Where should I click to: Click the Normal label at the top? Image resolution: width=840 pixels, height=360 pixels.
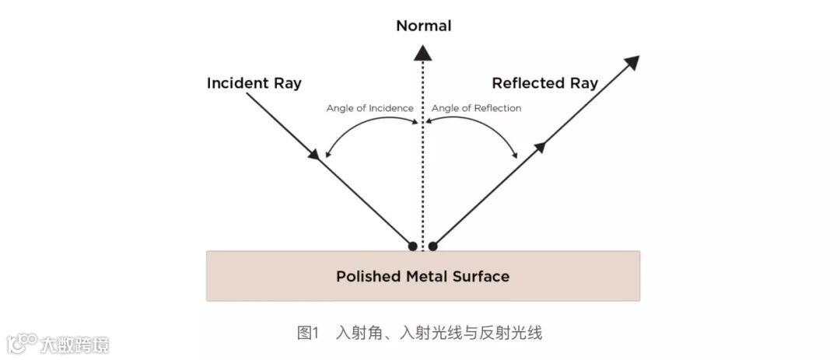[423, 26]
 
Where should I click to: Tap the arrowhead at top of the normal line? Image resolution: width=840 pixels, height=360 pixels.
[422, 53]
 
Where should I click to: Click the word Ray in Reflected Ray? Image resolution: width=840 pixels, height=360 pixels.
[583, 83]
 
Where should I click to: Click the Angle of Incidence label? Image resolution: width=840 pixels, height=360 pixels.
[369, 108]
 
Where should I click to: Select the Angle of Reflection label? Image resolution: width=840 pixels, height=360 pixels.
[476, 108]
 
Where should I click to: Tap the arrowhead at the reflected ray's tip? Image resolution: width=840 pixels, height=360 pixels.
[632, 63]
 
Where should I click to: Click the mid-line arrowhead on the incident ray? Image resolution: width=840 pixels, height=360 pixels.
[314, 155]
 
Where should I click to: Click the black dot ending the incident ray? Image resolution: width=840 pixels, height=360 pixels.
[412, 246]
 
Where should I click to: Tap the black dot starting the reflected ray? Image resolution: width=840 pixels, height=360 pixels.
[433, 246]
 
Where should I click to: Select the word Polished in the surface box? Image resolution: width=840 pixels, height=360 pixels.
[366, 276]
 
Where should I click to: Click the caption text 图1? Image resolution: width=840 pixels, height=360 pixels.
[308, 334]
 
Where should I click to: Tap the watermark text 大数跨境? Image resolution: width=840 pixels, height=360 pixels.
[75, 344]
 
